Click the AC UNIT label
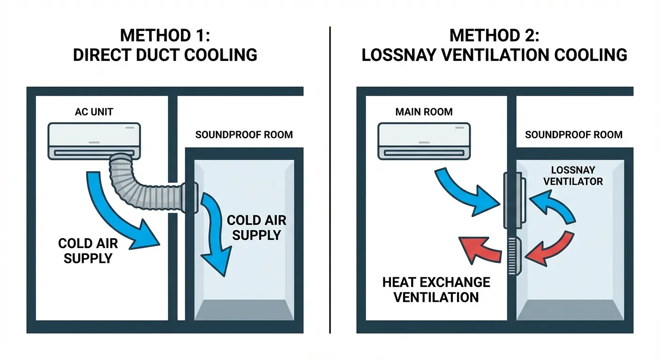(x=94, y=112)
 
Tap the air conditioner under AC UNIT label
(x=94, y=140)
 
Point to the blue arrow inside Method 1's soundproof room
(x=213, y=234)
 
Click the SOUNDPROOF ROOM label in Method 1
(x=244, y=135)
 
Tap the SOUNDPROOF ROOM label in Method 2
(x=574, y=135)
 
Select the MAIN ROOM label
(x=424, y=112)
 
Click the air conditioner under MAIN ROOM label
(x=424, y=140)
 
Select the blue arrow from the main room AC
(x=464, y=192)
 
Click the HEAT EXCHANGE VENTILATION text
(x=436, y=289)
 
